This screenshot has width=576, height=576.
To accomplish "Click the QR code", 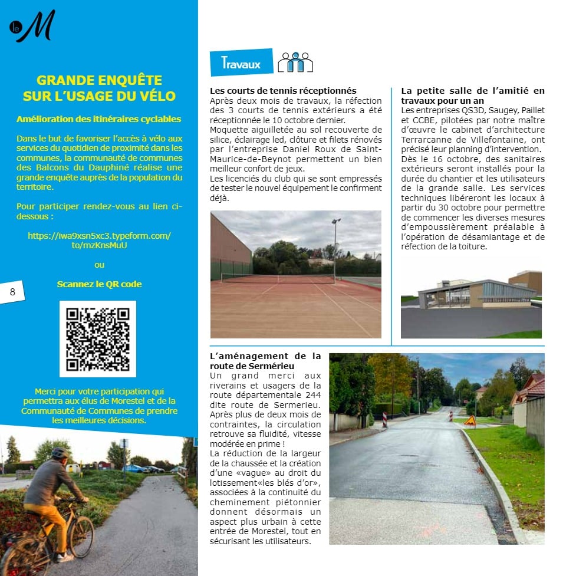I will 98,338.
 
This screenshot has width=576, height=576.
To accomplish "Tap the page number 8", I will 12,291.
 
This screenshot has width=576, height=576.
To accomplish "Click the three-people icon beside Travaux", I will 295,62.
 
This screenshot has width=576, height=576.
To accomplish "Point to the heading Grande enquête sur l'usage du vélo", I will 99,88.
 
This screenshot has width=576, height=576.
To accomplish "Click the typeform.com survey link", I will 99,241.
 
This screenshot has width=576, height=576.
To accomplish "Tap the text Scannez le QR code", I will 99,284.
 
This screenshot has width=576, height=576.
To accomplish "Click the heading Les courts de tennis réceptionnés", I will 283,91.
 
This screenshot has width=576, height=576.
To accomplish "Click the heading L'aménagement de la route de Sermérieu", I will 266,361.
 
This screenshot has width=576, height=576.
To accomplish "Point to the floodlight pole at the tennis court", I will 335,248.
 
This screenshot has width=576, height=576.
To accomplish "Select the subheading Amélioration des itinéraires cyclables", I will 99,119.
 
